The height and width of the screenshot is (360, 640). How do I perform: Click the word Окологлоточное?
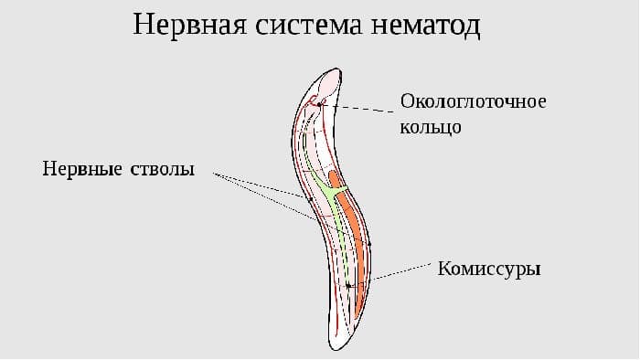pyautogui.click(x=474, y=101)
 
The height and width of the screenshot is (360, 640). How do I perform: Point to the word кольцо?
pyautogui.click(x=431, y=126)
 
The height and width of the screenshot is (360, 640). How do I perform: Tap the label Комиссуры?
pyautogui.click(x=489, y=270)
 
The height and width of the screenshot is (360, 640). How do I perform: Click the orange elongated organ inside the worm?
pyautogui.click(x=356, y=247)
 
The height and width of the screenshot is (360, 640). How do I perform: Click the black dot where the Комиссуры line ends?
pyautogui.click(x=348, y=286)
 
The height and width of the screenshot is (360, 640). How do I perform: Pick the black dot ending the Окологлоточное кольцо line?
pyautogui.click(x=320, y=105)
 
